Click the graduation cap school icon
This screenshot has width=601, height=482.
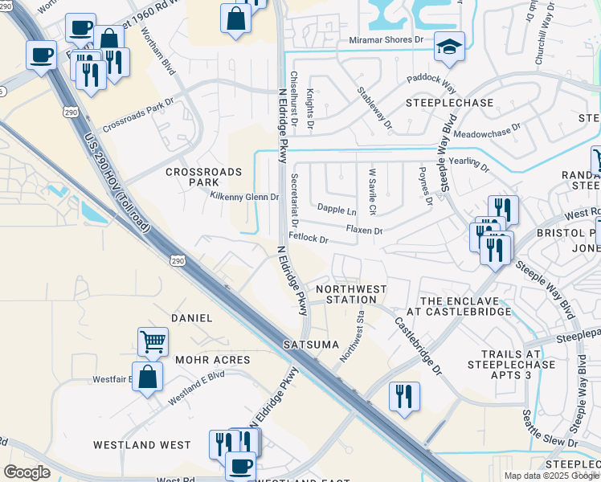[x=449, y=47]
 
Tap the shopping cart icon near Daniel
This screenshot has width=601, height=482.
[x=153, y=341]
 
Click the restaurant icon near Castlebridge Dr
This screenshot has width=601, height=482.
[x=404, y=396]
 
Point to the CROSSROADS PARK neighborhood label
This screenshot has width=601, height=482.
[x=192, y=178]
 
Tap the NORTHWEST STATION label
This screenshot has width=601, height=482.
[x=351, y=294]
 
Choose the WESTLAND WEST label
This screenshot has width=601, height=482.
[x=142, y=444]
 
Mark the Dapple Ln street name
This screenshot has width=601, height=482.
[x=337, y=210]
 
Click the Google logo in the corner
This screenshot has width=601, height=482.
[x=27, y=472]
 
